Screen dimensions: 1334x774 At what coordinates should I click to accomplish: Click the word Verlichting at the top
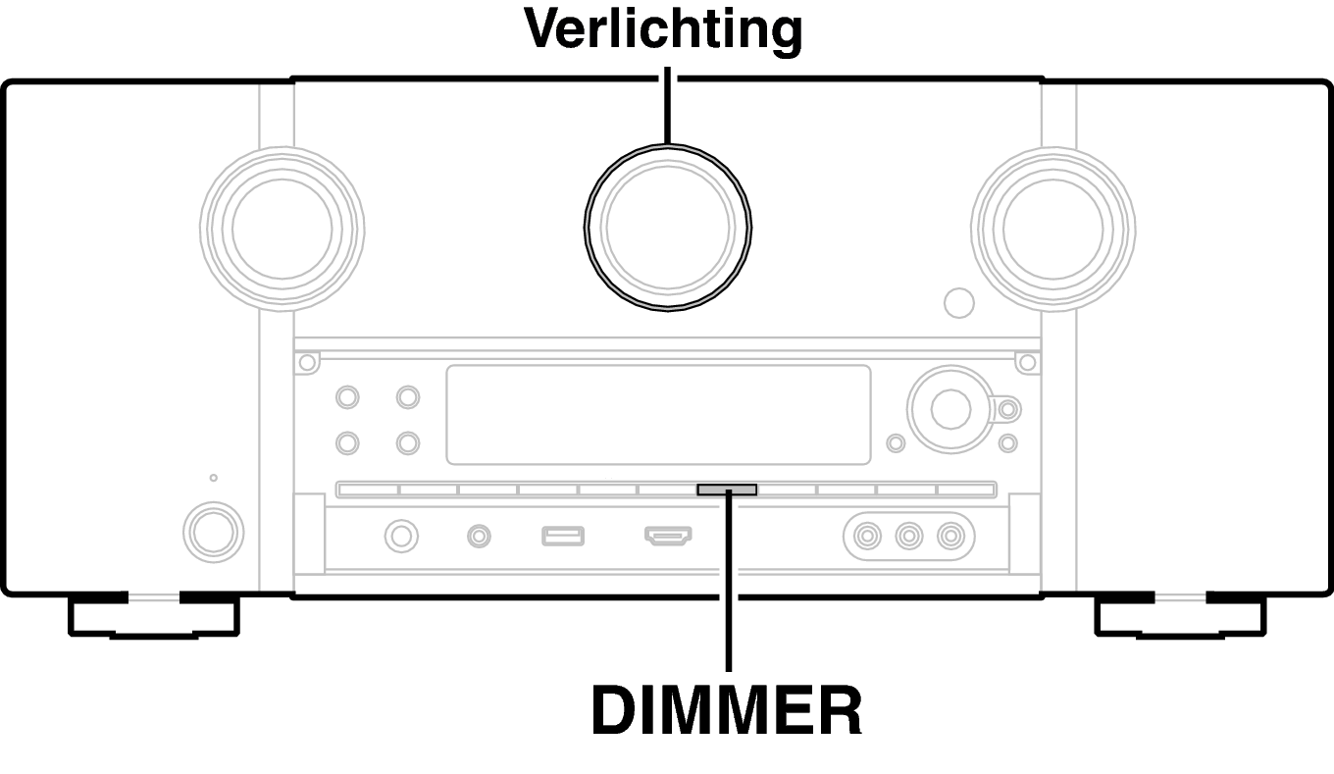(x=663, y=29)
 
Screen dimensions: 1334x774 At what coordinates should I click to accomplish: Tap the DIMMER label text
(x=727, y=710)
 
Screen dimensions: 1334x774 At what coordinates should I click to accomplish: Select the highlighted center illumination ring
(x=668, y=144)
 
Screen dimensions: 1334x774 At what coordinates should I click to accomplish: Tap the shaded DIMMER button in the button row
(x=727, y=490)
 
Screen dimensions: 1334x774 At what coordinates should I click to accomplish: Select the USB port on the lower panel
(x=563, y=536)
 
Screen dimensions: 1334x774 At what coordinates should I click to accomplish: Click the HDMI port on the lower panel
(x=668, y=536)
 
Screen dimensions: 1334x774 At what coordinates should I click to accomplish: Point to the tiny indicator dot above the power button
(x=213, y=478)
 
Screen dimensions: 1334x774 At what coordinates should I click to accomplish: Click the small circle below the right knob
(x=959, y=302)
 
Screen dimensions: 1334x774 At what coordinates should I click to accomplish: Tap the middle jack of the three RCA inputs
(x=908, y=536)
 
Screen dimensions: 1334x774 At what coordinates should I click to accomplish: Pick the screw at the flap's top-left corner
(x=307, y=362)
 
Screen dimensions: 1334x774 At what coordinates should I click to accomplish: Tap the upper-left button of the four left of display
(x=347, y=397)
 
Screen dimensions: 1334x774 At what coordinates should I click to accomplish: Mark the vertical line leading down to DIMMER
(x=729, y=581)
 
